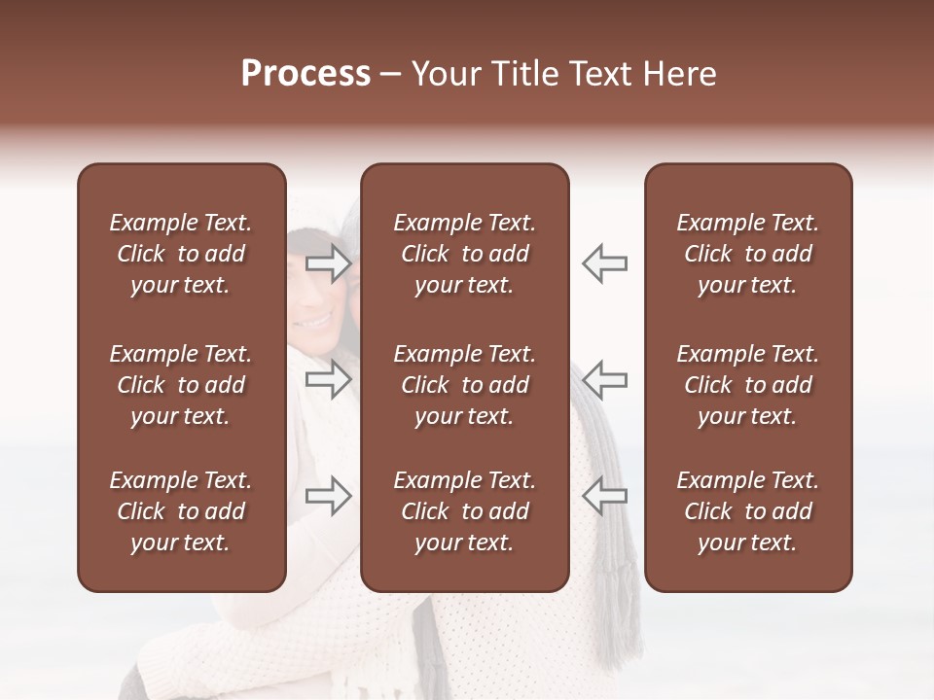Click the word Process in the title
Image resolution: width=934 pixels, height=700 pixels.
305,74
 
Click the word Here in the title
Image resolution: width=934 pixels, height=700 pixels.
678,74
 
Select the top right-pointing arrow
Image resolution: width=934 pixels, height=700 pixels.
328,263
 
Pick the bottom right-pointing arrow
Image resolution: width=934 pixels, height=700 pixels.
328,496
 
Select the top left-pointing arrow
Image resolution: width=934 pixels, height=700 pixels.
604,263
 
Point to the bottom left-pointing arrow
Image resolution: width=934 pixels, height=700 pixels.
604,496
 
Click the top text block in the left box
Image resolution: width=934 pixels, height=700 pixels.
181,254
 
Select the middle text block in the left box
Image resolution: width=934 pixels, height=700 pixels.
181,385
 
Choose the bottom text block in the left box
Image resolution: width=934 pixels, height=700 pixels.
181,511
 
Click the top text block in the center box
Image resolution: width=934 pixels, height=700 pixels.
464,254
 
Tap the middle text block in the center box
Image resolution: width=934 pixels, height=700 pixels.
464,385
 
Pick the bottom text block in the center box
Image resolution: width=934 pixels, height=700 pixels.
464,511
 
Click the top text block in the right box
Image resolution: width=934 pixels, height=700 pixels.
747,254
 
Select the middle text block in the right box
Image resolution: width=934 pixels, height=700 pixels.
747,385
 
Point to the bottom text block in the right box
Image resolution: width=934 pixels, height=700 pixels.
747,511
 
